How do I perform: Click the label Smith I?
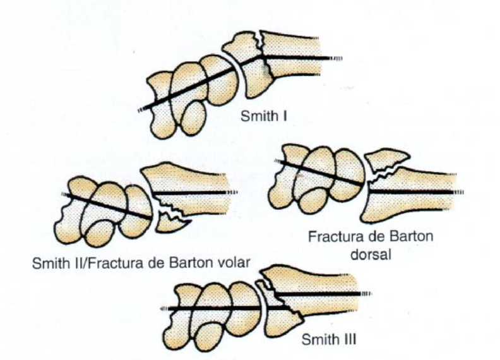point(263,116)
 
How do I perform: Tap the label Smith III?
point(328,339)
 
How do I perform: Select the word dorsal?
point(370,255)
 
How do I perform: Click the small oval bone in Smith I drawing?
point(193,119)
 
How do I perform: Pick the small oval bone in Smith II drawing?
point(100,233)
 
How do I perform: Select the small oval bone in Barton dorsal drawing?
point(315,201)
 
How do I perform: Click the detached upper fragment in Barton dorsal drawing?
point(386,160)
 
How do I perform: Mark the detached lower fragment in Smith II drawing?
point(172,222)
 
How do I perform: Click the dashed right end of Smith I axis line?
point(336,58)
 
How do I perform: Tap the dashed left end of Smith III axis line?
point(164,309)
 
